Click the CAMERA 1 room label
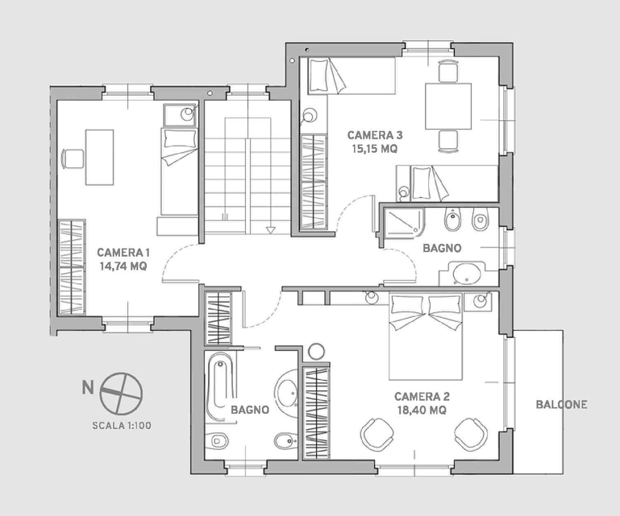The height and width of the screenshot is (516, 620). pyautogui.click(x=123, y=252)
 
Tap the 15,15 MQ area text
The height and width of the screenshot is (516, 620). pyautogui.click(x=374, y=149)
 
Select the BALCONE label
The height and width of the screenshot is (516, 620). pyautogui.click(x=561, y=404)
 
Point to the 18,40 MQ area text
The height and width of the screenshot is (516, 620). pyautogui.click(x=422, y=411)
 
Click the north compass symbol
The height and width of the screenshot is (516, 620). pyautogui.click(x=121, y=394)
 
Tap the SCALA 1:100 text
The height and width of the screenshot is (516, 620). pyautogui.click(x=122, y=426)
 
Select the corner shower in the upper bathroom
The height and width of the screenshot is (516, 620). pyautogui.click(x=404, y=223)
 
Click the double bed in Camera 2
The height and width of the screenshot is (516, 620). pyautogui.click(x=426, y=336)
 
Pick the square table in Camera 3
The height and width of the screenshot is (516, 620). pyautogui.click(x=448, y=106)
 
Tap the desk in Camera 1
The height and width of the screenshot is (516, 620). pyautogui.click(x=100, y=157)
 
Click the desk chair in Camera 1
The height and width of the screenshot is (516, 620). pyautogui.click(x=73, y=159)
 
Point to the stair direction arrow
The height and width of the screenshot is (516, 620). pyautogui.click(x=270, y=229)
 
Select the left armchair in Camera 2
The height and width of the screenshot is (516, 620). pyautogui.click(x=377, y=433)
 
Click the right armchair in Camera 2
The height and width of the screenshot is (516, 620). pyautogui.click(x=471, y=433)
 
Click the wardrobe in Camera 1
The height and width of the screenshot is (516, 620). pyautogui.click(x=72, y=267)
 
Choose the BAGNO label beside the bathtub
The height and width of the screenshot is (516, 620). pyautogui.click(x=250, y=410)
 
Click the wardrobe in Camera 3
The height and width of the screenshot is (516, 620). pyautogui.click(x=314, y=182)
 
